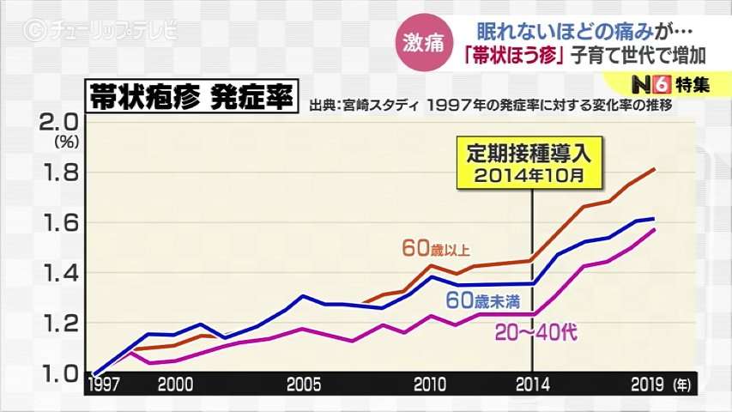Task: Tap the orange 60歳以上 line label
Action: pyautogui.click(x=436, y=248)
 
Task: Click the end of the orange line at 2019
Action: pyautogui.click(x=655, y=169)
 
